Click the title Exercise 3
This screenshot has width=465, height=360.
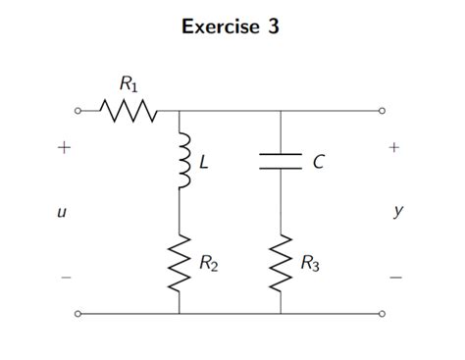coord(232,27)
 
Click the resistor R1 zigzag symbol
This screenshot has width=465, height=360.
coord(128,111)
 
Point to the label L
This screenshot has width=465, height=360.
coord(203,164)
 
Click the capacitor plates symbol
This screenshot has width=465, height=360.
coord(282,163)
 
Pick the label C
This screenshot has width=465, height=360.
coord(317,164)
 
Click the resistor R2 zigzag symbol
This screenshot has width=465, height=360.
coord(180,262)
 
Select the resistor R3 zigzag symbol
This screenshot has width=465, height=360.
coord(282,262)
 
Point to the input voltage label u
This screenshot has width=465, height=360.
coord(63,211)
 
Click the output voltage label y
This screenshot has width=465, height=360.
coord(397,211)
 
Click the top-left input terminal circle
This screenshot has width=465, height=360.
coord(77,111)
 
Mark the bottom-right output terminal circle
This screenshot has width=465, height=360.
coord(384,314)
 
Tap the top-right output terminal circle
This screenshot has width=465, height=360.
coord(384,111)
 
